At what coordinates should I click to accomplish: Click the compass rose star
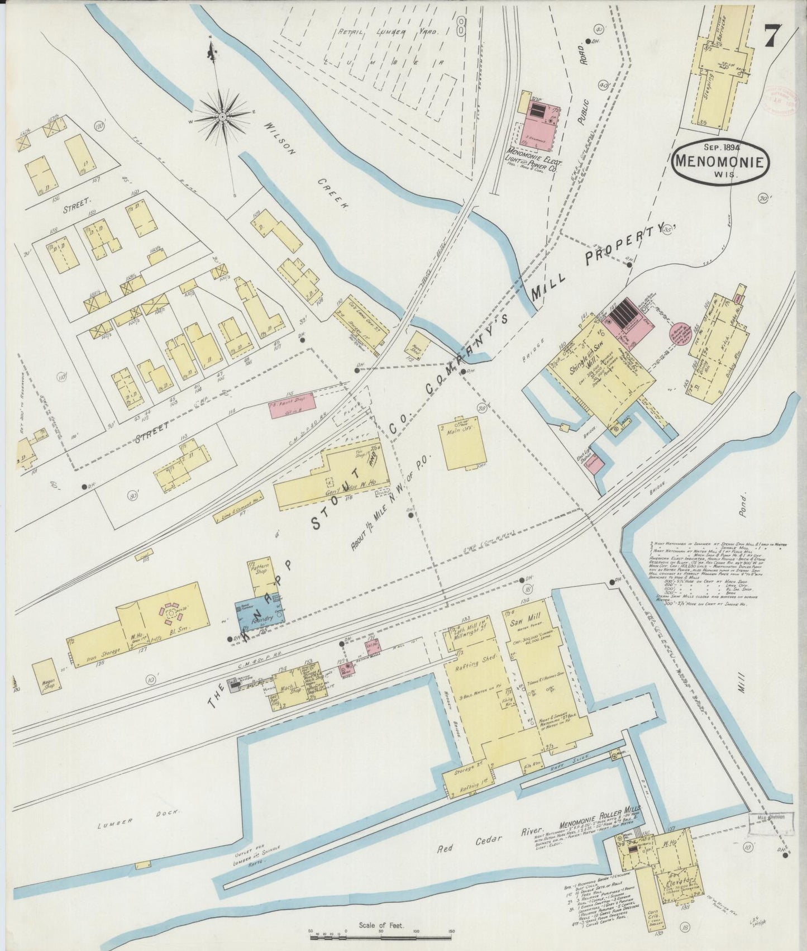point(222,117)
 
